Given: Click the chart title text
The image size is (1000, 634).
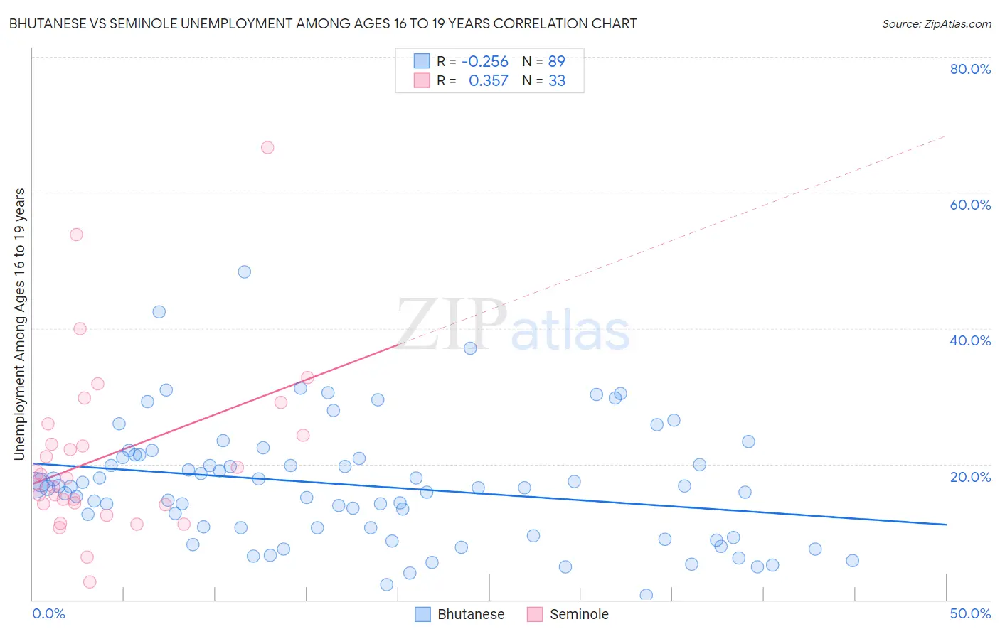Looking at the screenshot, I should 322,23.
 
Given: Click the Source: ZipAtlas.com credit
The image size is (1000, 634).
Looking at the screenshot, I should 936,23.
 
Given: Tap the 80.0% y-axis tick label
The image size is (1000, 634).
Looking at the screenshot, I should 970,69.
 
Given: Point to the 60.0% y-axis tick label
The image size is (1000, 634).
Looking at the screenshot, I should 970,205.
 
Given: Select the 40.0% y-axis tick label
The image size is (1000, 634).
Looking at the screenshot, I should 970,340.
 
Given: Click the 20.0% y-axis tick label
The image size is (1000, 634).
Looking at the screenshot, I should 970,476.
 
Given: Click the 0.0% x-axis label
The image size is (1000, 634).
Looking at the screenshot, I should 48,613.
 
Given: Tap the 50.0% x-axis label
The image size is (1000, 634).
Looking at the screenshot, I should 970,613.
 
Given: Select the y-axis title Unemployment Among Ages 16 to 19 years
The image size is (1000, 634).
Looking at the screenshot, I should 20,324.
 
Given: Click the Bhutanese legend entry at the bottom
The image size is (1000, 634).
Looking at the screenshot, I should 459,614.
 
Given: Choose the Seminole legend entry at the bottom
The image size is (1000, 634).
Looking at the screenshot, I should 568,614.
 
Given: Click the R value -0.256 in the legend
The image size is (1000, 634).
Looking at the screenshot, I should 485,61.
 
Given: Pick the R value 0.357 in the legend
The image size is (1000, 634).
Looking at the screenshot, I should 488,81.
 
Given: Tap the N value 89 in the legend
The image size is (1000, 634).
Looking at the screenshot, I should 556,61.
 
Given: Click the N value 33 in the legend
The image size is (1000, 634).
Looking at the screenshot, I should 556,81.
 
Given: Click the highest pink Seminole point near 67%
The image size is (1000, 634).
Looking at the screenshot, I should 267,148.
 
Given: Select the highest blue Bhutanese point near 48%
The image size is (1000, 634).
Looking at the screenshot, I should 244,272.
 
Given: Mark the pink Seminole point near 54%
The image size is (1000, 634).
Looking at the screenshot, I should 76,235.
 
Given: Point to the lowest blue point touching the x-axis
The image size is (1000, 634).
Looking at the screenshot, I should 646,595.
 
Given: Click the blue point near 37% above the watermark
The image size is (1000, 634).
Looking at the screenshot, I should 470,348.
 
